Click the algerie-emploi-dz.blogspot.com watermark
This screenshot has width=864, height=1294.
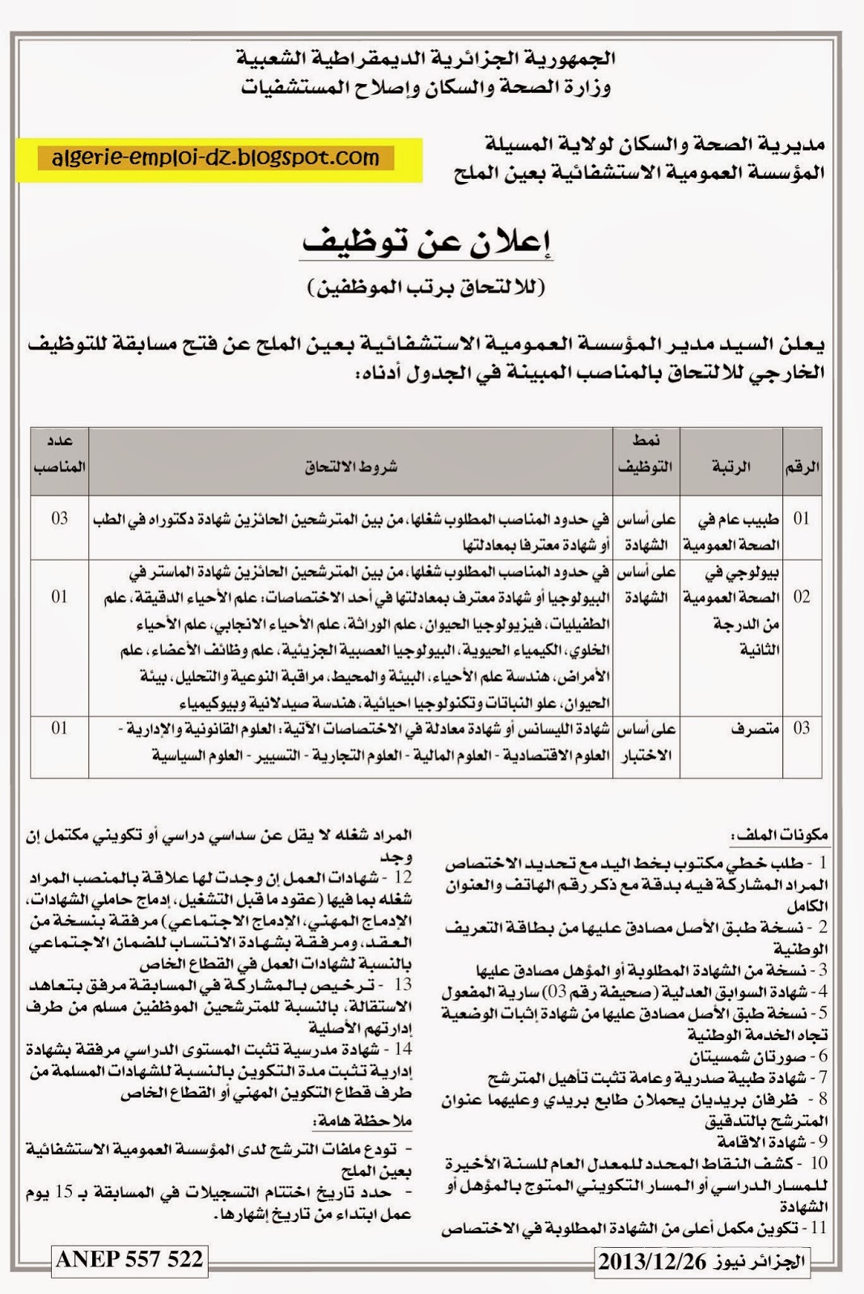215,157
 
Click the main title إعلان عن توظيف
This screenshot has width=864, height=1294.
426,242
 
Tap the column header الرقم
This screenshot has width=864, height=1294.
802,467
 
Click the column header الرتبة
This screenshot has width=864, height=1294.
731,467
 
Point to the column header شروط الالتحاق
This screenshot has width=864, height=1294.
351,467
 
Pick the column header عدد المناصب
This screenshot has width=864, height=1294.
60,454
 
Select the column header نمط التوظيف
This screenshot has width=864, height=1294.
646,454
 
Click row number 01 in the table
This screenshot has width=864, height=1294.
801,518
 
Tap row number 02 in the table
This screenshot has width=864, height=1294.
801,597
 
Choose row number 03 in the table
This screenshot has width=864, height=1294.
801,729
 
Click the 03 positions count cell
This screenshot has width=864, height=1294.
60,518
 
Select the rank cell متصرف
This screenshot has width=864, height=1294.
754,729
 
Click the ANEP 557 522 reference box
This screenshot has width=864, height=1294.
129,1259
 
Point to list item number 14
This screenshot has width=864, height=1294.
402,1050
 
